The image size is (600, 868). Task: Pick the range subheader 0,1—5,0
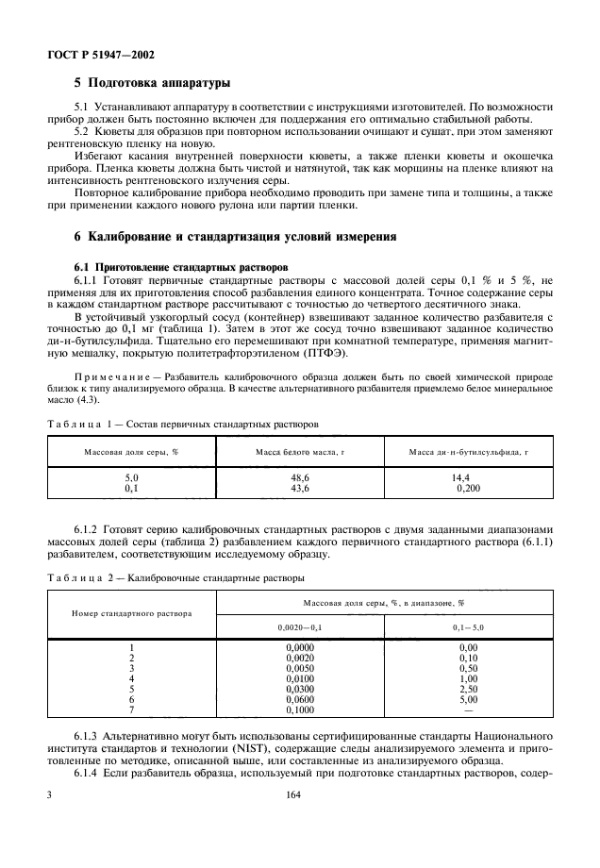[x=468, y=626]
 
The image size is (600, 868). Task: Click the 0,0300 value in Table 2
[x=300, y=690]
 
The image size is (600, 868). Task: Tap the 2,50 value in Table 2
[x=468, y=690]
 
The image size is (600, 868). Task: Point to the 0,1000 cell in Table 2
[x=300, y=710]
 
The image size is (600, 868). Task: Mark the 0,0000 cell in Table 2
[x=300, y=648]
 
